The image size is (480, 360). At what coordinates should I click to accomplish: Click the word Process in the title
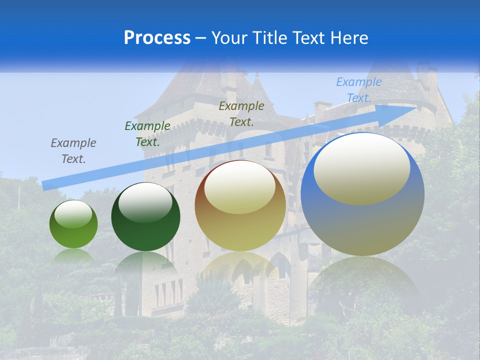pos(157,37)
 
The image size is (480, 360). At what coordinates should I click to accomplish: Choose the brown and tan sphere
pos(240,230)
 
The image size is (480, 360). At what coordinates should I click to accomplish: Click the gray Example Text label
pos(73,151)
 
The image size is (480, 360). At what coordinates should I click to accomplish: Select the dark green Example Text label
pos(147,134)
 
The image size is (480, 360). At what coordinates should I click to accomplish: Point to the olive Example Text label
pos(241,113)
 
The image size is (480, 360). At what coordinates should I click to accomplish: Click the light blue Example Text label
pos(359,90)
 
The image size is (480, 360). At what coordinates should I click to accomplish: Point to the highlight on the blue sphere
pos(362,169)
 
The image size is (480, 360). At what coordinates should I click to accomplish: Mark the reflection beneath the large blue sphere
pos(362,280)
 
